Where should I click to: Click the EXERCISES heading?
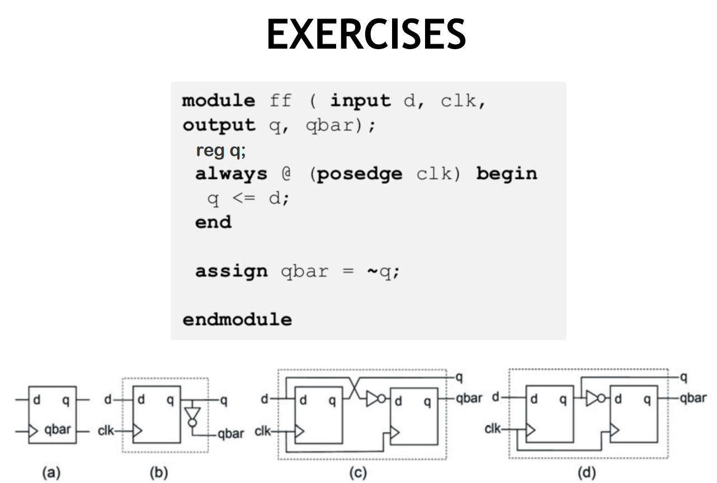[366, 35]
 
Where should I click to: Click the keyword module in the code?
[218, 101]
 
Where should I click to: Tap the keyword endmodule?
[237, 320]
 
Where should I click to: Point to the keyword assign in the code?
[231, 272]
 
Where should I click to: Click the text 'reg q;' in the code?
[220, 150]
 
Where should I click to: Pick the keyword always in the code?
[231, 174]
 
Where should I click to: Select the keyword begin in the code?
[506, 174]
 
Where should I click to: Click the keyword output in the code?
[218, 125]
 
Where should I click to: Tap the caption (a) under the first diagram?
[53, 473]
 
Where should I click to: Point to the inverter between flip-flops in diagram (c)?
[375, 399]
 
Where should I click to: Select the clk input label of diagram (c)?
[264, 432]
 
